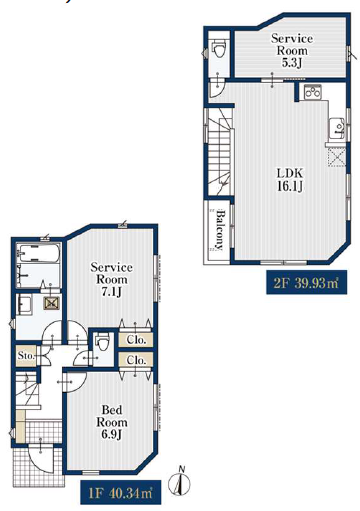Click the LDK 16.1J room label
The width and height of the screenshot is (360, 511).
click(290, 180)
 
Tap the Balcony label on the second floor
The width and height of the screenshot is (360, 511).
click(219, 230)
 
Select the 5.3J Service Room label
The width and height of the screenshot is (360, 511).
click(292, 50)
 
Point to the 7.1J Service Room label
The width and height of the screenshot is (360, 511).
click(112, 279)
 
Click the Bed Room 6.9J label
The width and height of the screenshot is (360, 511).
click(112, 422)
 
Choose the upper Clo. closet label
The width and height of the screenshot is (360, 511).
click(136, 340)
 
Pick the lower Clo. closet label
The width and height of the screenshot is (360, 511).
click(136, 360)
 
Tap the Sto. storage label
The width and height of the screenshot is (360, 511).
click(26, 356)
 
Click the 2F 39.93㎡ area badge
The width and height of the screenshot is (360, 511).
click(306, 283)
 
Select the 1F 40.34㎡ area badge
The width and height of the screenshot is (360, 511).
click(121, 492)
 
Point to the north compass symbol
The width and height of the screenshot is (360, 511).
click(180, 480)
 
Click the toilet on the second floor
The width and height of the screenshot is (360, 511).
click(219, 49)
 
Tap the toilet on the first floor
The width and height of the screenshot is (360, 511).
click(102, 342)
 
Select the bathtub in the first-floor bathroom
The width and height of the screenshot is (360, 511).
click(39, 254)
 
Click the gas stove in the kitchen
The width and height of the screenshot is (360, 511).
click(313, 92)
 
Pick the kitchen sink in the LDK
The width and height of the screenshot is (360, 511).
click(337, 129)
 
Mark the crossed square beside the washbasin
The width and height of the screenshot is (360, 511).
click(51, 303)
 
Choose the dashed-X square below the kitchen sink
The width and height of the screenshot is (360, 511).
click(337, 157)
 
